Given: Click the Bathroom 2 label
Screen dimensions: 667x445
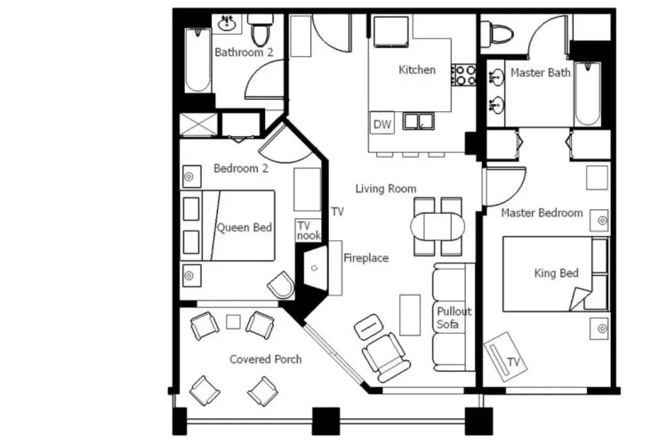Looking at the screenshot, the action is (x=244, y=53).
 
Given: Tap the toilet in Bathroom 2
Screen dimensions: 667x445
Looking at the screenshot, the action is (x=260, y=29).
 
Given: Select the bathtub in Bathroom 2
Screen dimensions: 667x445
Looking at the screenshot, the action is (x=197, y=60).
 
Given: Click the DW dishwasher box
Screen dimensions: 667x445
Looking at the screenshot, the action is (x=382, y=124).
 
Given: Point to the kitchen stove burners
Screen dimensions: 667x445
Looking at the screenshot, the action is (x=463, y=75).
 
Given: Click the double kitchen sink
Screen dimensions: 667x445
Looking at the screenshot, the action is (x=419, y=121).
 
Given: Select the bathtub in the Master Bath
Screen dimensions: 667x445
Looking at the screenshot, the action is (x=588, y=94).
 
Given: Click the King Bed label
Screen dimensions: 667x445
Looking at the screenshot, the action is (x=557, y=273).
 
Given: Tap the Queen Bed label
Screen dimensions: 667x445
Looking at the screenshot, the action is (x=245, y=228).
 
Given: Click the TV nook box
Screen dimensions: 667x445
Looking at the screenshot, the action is (x=309, y=231).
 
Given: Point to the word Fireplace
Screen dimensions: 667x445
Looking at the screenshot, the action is (x=366, y=258).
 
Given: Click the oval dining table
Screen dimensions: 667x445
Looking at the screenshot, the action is (x=438, y=227).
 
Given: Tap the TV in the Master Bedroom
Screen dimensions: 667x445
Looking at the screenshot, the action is (x=505, y=357).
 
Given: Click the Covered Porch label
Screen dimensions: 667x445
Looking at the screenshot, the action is (x=266, y=360).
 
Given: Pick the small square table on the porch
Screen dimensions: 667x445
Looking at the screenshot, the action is (x=233, y=322).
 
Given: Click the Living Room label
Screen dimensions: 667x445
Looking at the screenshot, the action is (x=386, y=189).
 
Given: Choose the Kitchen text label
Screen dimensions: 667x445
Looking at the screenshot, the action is (x=417, y=69).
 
